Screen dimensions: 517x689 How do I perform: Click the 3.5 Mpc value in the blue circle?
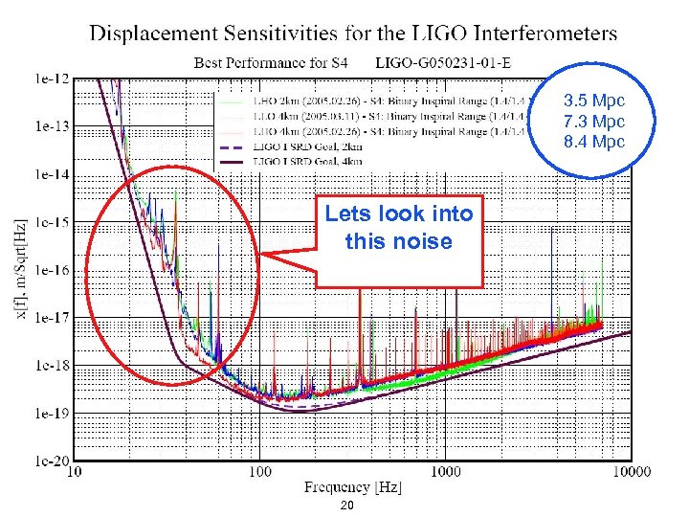pyautogui.click(x=593, y=101)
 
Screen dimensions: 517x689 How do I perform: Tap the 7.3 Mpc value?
pyautogui.click(x=593, y=122)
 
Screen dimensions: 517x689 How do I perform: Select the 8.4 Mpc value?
pyautogui.click(x=593, y=142)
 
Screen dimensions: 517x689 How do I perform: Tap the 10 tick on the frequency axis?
pyautogui.click(x=74, y=472)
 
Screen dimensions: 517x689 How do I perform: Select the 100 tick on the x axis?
pyautogui.click(x=259, y=472)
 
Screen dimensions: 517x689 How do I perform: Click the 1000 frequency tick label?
pyautogui.click(x=445, y=472)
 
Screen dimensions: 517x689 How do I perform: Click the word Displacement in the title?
pyautogui.click(x=152, y=34)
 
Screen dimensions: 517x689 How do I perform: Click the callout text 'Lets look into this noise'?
pyautogui.click(x=399, y=228)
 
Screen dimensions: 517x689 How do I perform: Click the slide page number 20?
pyautogui.click(x=347, y=506)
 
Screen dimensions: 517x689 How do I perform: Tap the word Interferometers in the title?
pyautogui.click(x=540, y=34)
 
